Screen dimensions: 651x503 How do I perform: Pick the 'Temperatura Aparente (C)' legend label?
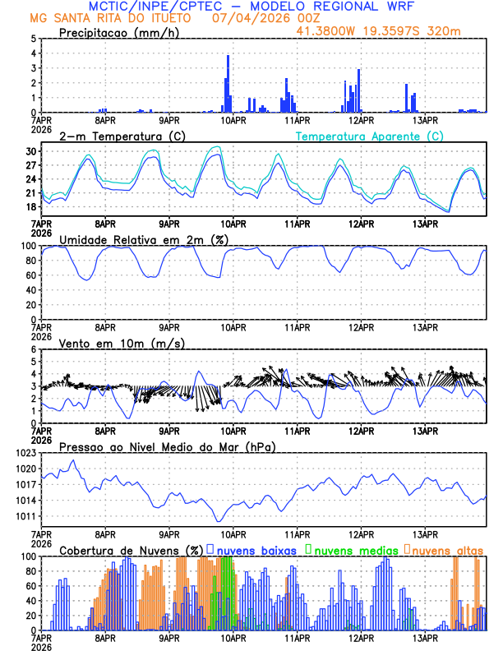click(371, 136)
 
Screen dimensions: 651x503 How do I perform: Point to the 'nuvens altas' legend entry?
click(445, 549)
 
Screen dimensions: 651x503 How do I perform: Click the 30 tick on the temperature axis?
click(30, 151)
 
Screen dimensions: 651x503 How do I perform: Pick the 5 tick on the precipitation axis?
click(33, 39)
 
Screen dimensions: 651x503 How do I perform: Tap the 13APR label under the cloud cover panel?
click(424, 638)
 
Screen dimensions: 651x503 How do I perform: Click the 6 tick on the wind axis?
click(33, 349)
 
